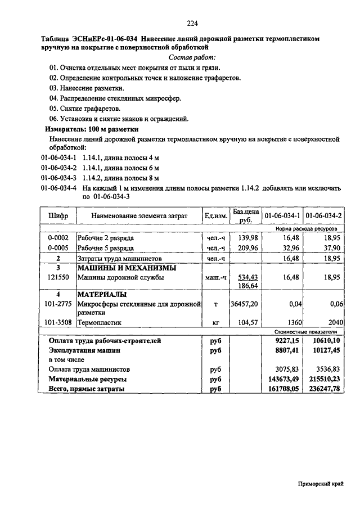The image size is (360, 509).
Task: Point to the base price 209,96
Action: [247, 247]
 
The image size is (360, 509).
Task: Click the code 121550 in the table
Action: [58, 277]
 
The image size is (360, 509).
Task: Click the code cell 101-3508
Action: [58, 323]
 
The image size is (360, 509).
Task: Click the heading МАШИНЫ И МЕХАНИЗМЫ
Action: [127, 268]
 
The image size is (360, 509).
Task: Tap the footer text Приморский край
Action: [321, 484]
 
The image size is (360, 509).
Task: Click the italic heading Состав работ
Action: [192, 57]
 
